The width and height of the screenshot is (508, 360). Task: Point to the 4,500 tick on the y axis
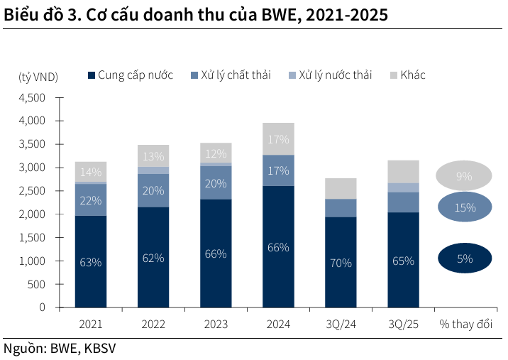pos(31,98)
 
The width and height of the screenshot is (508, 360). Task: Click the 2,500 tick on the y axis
pos(31,191)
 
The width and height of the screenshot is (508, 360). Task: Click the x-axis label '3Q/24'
pos(341,324)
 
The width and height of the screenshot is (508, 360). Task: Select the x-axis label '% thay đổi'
pos(465,324)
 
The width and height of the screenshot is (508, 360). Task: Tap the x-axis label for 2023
pos(216,324)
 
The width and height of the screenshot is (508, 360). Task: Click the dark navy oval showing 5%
pos(465,258)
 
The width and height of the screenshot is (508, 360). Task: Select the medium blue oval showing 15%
pos(465,208)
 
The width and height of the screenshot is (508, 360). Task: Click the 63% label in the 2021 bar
pos(91,262)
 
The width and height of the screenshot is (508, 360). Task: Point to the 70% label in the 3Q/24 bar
pos(341,263)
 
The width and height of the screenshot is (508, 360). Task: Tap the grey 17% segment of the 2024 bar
pos(278,139)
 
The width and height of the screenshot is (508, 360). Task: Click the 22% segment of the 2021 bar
pos(91,200)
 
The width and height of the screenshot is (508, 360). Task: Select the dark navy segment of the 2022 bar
pos(153,258)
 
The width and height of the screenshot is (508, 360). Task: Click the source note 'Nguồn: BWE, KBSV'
pos(60,348)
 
